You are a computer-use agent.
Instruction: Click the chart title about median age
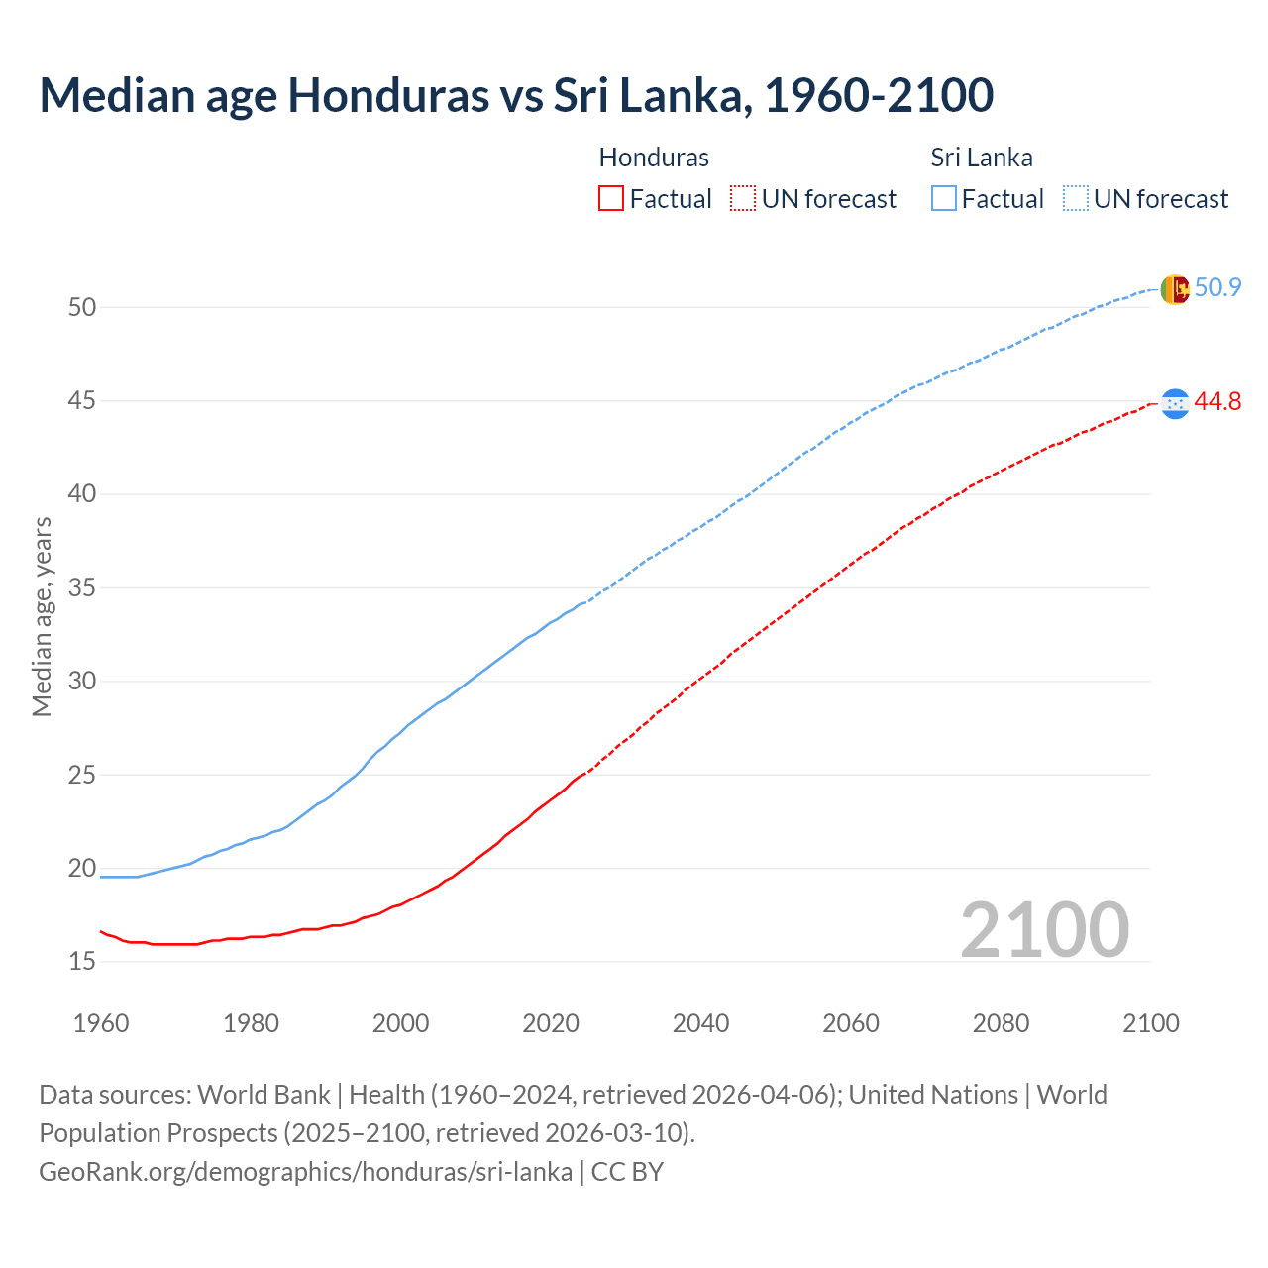[516, 96]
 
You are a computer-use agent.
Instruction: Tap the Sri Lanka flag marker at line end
[1174, 289]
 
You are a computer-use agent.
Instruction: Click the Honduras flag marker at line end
[1174, 403]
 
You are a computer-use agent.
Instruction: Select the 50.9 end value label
[1217, 288]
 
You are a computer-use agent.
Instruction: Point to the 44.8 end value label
[1217, 402]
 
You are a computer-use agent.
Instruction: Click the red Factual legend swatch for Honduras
[611, 199]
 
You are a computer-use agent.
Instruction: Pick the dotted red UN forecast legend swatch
[743, 199]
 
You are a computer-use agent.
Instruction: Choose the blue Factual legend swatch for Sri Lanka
[944, 199]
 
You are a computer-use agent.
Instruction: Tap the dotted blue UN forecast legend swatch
[1076, 199]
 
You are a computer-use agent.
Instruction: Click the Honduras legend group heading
[654, 158]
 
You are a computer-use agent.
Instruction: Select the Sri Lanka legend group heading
[982, 158]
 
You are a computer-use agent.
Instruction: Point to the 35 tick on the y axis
[82, 588]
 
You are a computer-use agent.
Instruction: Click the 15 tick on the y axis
[82, 962]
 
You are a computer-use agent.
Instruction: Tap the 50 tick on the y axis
[82, 308]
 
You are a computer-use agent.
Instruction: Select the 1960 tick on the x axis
[101, 1023]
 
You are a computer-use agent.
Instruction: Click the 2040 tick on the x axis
[700, 1023]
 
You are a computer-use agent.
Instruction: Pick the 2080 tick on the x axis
[1001, 1023]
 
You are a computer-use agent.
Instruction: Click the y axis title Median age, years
[42, 616]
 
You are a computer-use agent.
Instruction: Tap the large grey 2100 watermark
[1044, 930]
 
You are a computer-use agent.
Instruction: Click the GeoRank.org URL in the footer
[305, 1172]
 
